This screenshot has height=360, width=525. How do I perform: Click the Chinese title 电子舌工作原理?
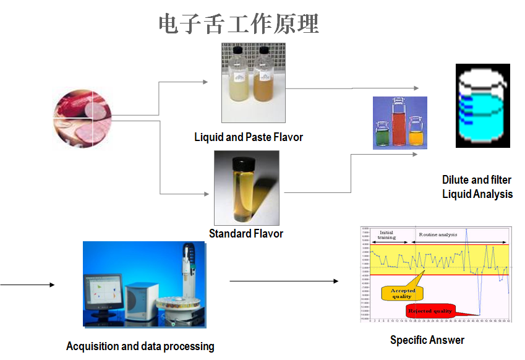point(239,24)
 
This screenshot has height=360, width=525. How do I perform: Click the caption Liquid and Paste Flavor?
point(249,137)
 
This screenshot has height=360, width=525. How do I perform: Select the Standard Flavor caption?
point(246,233)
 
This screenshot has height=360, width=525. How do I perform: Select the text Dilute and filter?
point(477,179)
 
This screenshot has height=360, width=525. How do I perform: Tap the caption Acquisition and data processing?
point(140,346)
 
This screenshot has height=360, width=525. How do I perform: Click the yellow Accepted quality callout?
point(402,293)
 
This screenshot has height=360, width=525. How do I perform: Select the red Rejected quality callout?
point(430,311)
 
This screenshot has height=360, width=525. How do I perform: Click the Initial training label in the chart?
point(386,234)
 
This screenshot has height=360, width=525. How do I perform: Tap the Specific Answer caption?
point(427,340)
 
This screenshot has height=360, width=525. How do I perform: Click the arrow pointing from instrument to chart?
point(284,281)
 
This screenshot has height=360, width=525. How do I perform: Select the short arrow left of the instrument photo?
point(27,285)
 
